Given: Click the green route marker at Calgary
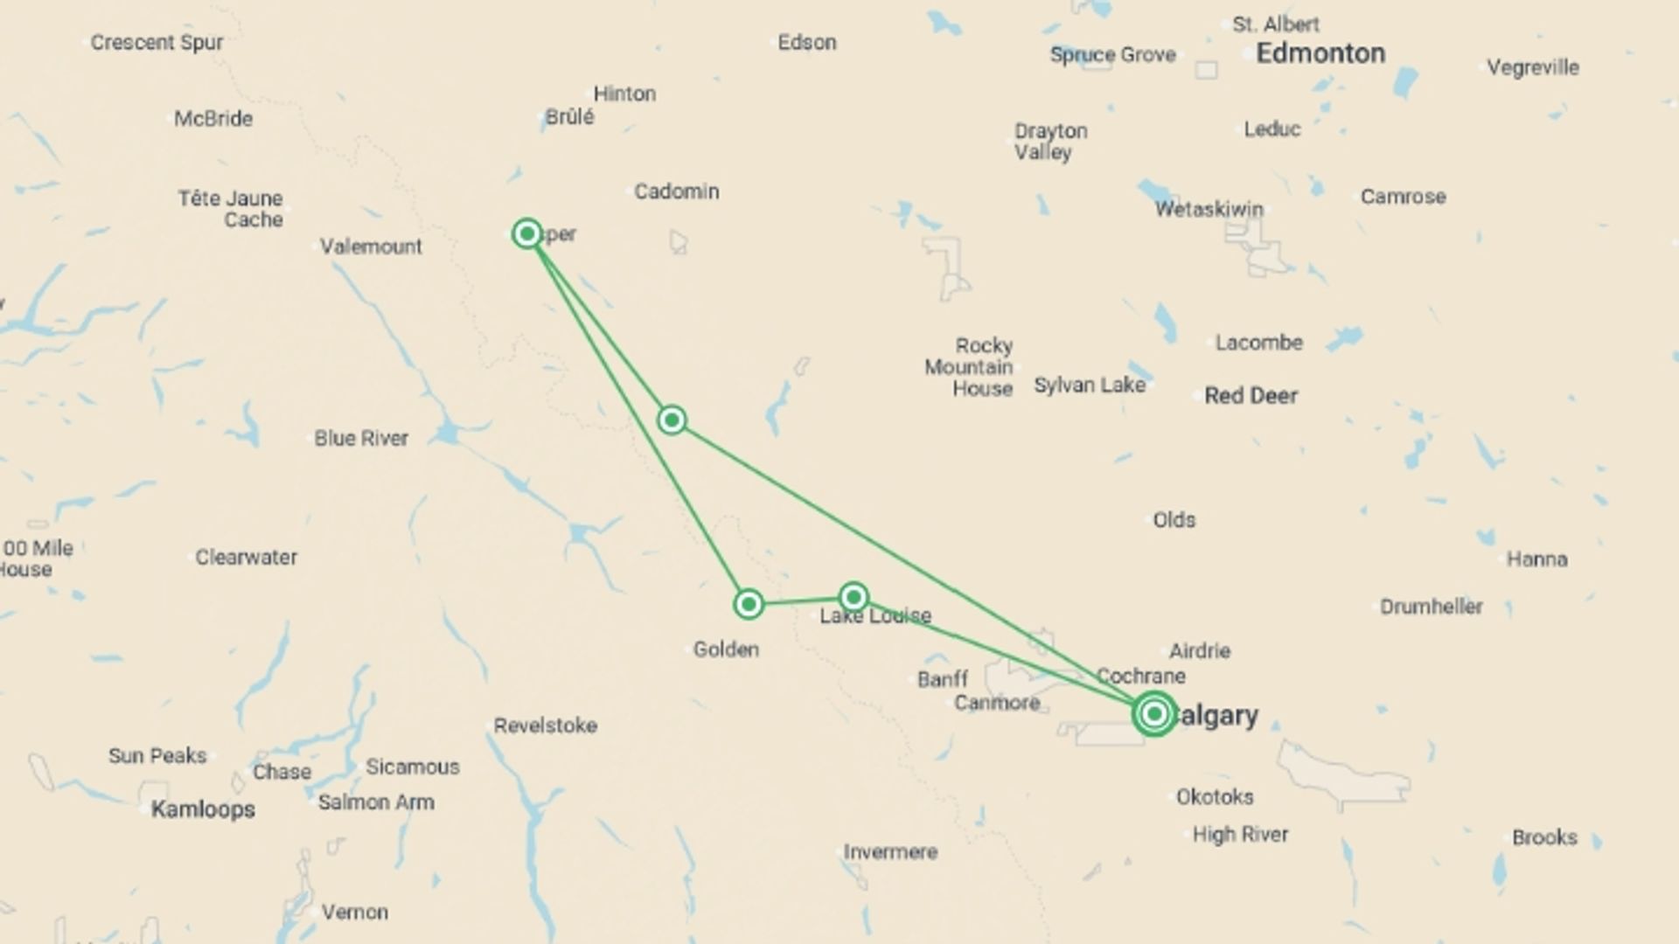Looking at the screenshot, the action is (1154, 714).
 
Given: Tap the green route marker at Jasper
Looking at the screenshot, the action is (527, 233).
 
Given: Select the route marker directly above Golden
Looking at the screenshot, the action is (749, 604).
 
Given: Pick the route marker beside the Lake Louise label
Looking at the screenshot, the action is (853, 597).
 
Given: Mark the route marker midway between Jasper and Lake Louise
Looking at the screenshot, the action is (672, 420).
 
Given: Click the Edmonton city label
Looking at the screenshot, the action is (1320, 54).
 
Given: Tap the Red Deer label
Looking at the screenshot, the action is (1251, 396).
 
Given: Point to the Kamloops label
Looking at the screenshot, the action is (203, 809).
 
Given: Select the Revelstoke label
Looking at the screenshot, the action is (545, 725).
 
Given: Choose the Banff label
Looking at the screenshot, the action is (943, 679).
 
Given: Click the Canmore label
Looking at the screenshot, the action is (997, 703).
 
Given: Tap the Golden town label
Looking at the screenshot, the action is (726, 649).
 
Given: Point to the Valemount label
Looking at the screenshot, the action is (371, 246).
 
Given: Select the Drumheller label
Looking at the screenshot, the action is (1432, 607).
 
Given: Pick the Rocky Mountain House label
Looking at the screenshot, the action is (970, 367).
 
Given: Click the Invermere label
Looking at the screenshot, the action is (890, 851).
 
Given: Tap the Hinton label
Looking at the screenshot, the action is (624, 94).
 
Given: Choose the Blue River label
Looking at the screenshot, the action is (361, 438).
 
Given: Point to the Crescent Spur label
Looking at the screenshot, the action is (157, 42).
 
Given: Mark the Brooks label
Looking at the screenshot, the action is (1544, 837).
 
